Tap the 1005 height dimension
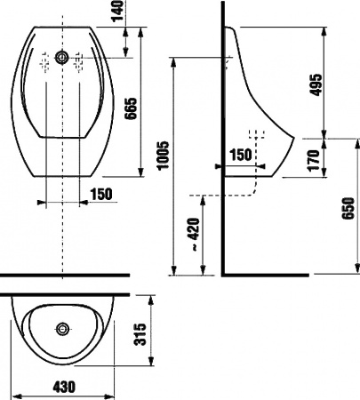pos(162,164)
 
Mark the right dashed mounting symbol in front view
pos(80,60)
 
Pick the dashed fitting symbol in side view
pos(260,138)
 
